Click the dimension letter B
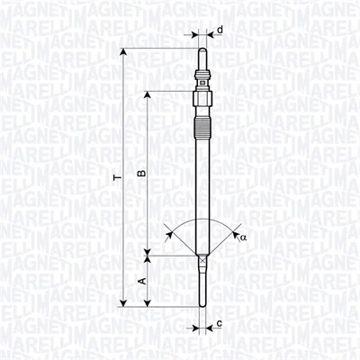click(x=139, y=173)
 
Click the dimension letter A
click(x=139, y=282)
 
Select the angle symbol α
click(x=242, y=237)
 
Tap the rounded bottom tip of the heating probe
click(x=203, y=304)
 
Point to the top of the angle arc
click(x=203, y=217)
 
